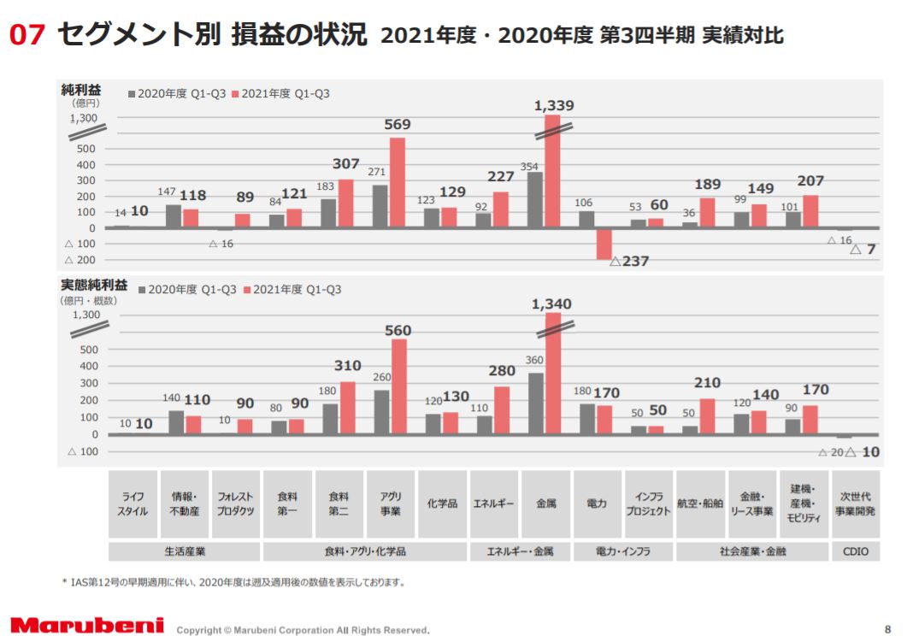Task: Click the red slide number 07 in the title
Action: [x=27, y=35]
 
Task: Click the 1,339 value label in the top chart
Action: [x=553, y=106]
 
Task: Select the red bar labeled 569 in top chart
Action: [x=397, y=183]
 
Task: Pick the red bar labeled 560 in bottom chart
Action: [x=398, y=386]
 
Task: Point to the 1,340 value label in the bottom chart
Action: [x=551, y=304]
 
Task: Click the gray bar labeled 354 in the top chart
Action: [x=534, y=200]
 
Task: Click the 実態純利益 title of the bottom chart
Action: [x=94, y=286]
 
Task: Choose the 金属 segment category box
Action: [x=546, y=504]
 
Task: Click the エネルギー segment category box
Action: [x=494, y=504]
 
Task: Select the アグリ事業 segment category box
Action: [x=390, y=504]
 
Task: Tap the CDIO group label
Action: [x=855, y=551]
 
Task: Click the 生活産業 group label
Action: [x=185, y=551]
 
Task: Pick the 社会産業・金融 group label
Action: [x=752, y=551]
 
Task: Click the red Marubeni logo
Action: [x=87, y=626]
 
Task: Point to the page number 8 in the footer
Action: [x=887, y=626]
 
